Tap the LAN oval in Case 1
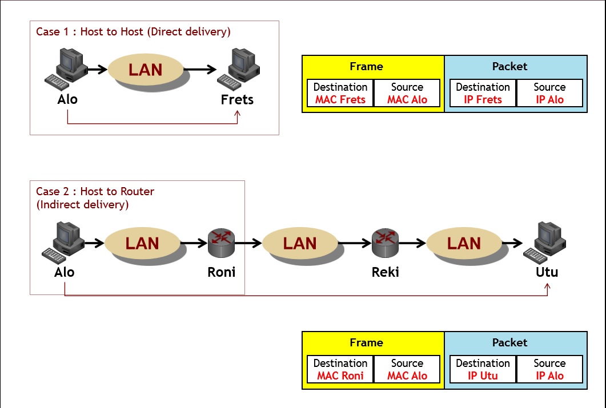tap(146, 70)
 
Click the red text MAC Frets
tap(340, 100)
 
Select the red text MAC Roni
tap(340, 376)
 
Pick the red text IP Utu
tap(483, 376)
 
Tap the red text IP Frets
tap(483, 100)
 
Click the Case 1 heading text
tap(133, 32)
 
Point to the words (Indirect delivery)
tap(83, 204)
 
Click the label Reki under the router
tap(385, 272)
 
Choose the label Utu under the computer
tap(547, 272)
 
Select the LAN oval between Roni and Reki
tap(300, 244)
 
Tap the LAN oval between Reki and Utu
tap(464, 244)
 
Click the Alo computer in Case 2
tap(65, 242)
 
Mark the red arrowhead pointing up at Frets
tap(238, 114)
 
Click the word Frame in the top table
tap(366, 67)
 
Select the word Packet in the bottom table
tap(509, 342)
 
